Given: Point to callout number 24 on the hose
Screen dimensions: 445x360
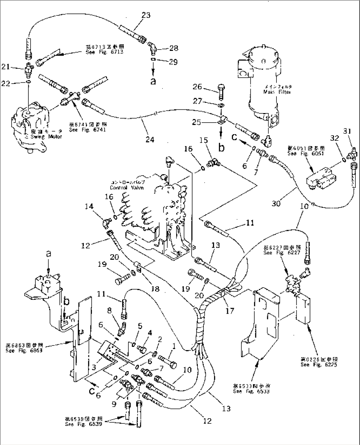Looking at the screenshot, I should pos(150,140).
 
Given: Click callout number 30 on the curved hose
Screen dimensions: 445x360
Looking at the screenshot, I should pos(276,203).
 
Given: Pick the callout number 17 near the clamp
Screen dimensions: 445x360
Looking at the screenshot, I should pos(230,310).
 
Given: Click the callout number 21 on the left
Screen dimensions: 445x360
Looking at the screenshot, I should pos(6,67).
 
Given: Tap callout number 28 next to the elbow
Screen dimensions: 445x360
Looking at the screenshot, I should pos(174,48).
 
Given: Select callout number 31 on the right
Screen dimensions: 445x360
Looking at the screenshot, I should pos(346,131).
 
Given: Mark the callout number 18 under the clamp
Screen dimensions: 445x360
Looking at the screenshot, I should pos(155,289).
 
